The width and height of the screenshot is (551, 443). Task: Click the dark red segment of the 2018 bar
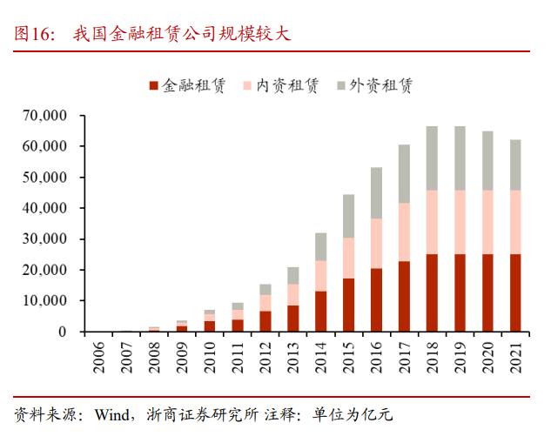pyautogui.click(x=432, y=292)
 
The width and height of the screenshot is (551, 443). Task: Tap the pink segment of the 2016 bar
pyautogui.click(x=376, y=243)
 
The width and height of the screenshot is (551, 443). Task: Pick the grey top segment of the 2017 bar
pyautogui.click(x=404, y=173)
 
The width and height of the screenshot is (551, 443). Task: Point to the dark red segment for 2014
pyautogui.click(x=320, y=311)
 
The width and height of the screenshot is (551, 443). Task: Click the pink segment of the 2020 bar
pyautogui.click(x=488, y=222)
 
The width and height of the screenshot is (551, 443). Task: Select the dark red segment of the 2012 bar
pyautogui.click(x=265, y=321)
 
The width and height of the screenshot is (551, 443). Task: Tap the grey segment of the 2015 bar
pyautogui.click(x=348, y=216)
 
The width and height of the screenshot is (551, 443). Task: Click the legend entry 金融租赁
pyautogui.click(x=187, y=85)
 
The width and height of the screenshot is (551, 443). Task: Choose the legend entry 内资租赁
pyautogui.click(x=280, y=85)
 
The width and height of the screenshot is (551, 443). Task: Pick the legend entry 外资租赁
pyautogui.click(x=373, y=85)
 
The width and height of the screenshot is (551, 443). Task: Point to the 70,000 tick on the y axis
pyautogui.click(x=48, y=116)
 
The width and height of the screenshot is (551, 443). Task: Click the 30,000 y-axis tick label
pyautogui.click(x=48, y=239)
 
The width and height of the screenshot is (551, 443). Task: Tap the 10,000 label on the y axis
pyautogui.click(x=48, y=301)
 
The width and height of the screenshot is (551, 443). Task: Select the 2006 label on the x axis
pyautogui.click(x=97, y=357)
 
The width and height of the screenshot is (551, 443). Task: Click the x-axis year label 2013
pyautogui.click(x=293, y=357)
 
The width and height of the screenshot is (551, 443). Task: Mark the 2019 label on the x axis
pyautogui.click(x=460, y=357)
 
